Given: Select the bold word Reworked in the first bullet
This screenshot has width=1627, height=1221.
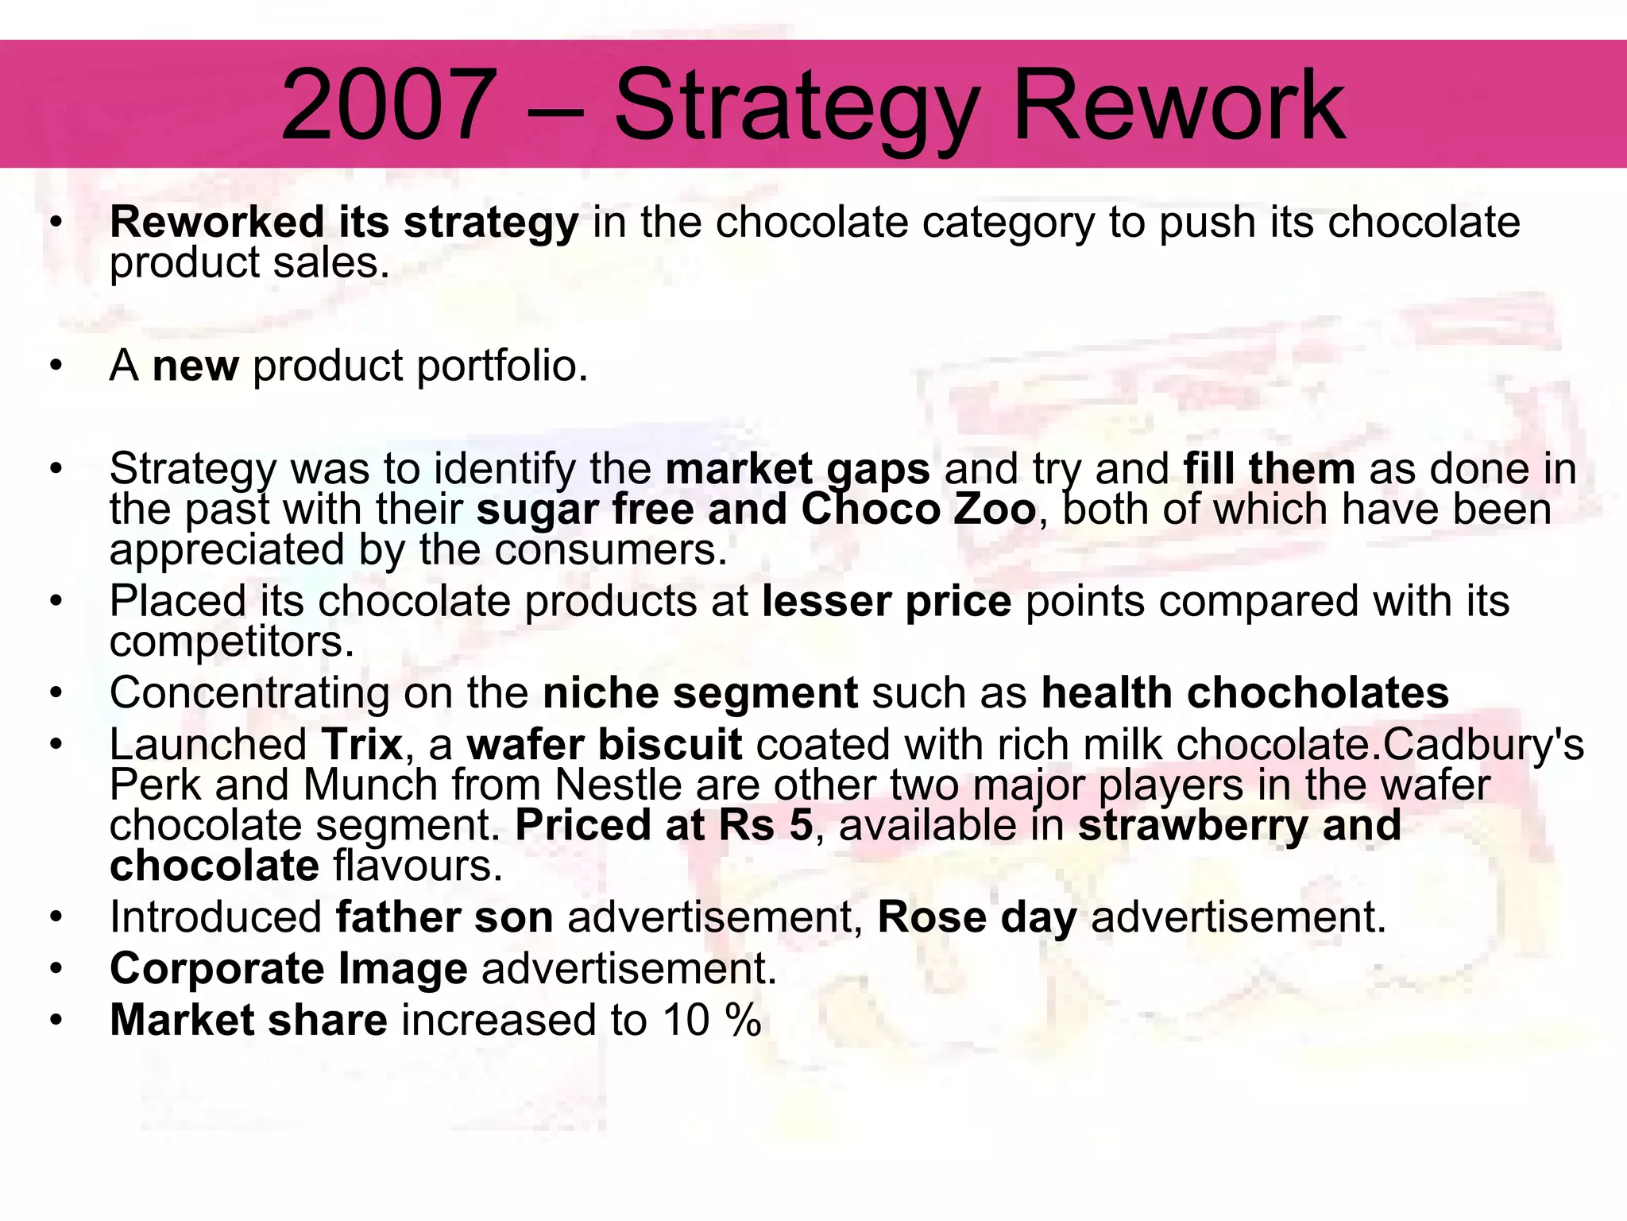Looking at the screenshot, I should coord(217,222).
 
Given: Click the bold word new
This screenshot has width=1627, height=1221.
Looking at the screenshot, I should coord(195,366).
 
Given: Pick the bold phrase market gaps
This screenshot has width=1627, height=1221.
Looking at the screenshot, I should coord(798,469).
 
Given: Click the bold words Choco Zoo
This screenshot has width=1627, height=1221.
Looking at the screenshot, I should coord(918,509).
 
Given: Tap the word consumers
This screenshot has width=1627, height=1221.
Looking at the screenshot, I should coord(611,549).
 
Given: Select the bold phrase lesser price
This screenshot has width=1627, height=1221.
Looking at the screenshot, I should coord(887,601).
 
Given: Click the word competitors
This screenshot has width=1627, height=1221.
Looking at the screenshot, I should coord(231,642).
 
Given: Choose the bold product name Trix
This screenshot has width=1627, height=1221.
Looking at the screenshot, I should coord(362,745).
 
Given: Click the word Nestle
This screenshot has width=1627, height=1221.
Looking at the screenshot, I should coord(618,785).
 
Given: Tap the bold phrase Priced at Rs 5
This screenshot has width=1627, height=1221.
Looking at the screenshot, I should coord(664,825).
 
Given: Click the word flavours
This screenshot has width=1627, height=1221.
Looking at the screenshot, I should coord(418,866).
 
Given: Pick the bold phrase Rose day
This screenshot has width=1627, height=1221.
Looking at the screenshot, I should coord(977,917).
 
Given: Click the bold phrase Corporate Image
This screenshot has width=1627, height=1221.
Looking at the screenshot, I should coord(288,969).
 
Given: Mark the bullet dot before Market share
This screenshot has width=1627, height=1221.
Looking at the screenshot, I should coord(55,1021).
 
